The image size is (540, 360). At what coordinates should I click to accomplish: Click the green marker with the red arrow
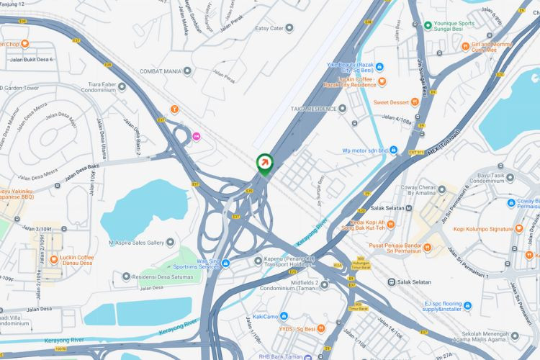click(265, 163)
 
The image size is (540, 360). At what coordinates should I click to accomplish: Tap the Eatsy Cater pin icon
click(289, 28)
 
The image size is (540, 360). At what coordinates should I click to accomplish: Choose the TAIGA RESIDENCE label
click(313, 109)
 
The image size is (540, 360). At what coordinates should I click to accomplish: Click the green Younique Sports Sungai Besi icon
click(428, 24)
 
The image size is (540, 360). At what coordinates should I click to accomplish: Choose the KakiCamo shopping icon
click(286, 316)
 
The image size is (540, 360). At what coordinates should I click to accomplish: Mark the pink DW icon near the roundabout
click(197, 136)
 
